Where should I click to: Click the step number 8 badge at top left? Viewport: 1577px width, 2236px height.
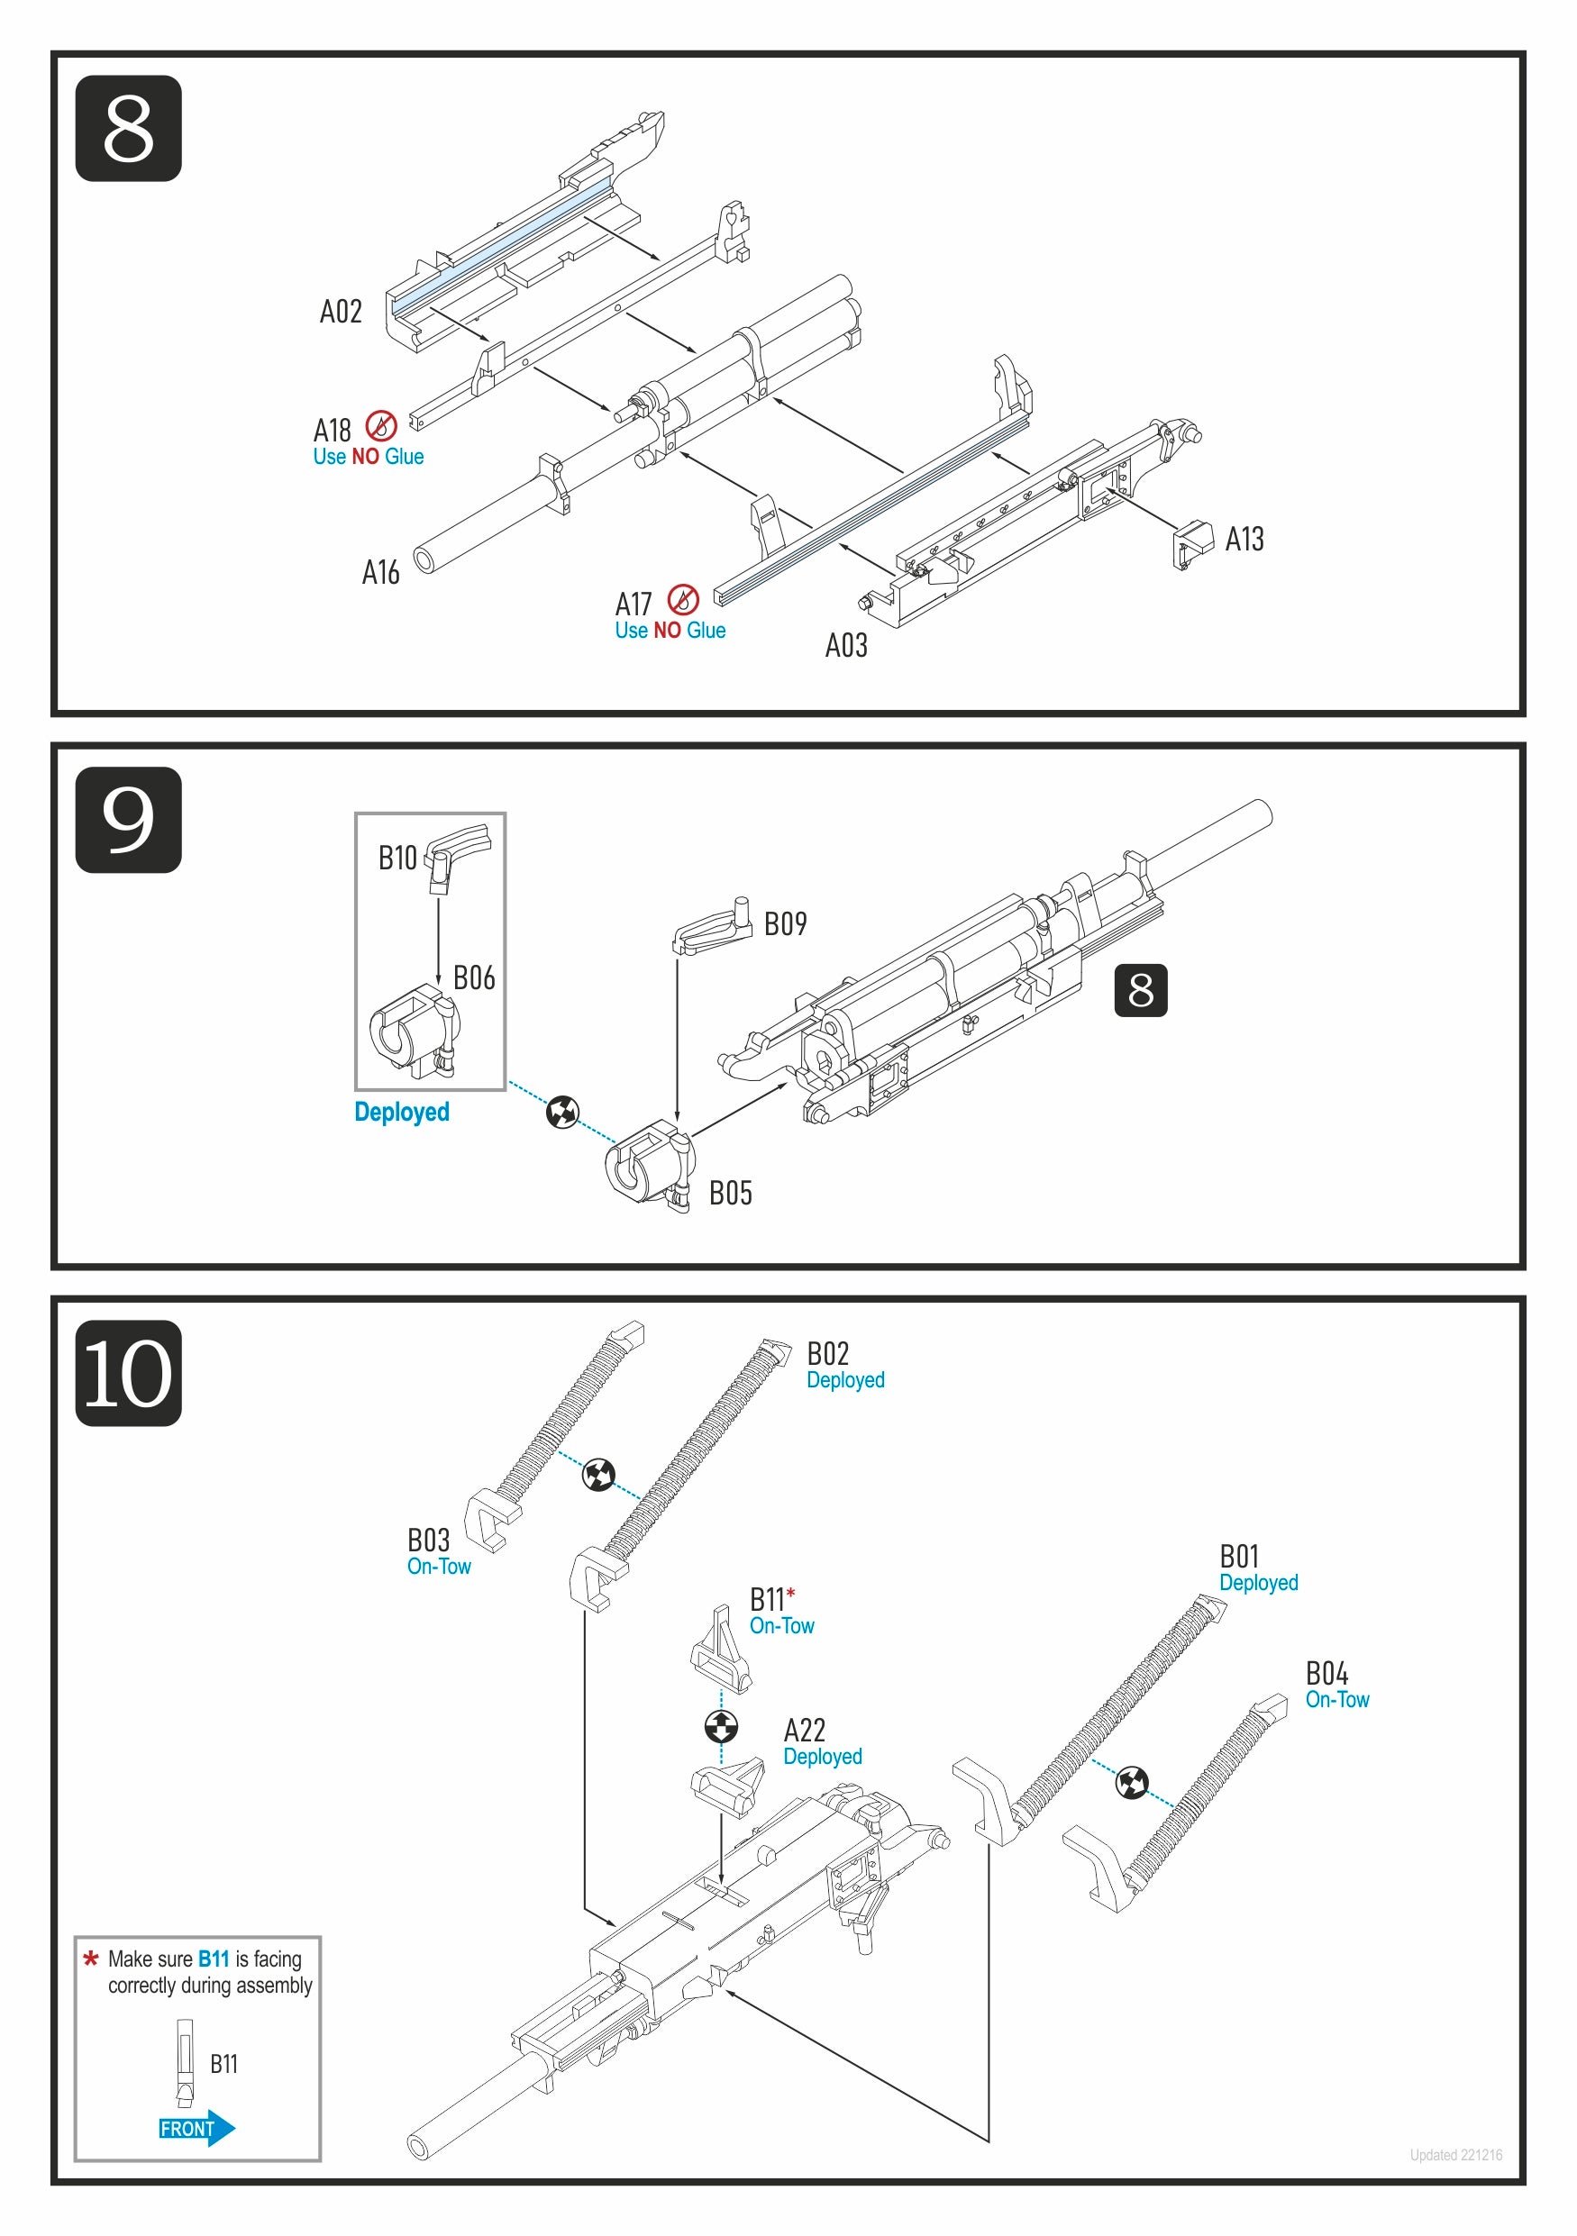(128, 129)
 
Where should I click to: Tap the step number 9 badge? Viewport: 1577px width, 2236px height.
(128, 819)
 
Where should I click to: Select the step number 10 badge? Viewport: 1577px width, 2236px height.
(128, 1372)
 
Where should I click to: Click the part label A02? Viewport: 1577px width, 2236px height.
(341, 312)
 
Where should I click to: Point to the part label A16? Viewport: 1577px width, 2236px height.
(381, 573)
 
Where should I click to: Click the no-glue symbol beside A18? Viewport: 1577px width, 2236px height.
(381, 425)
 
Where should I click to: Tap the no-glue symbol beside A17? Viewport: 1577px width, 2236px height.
(683, 600)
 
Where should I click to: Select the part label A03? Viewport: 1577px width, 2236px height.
(845, 646)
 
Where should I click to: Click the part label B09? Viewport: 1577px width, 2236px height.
(785, 924)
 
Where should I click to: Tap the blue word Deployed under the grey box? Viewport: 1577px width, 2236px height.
(401, 1113)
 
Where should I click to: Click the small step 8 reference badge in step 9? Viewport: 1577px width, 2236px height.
(1140, 990)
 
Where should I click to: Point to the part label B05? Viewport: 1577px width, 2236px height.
(731, 1193)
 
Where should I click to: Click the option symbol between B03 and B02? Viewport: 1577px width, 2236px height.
(598, 1476)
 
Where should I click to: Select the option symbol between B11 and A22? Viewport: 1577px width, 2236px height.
(721, 1727)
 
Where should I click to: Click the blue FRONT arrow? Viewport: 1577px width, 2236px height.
(196, 2129)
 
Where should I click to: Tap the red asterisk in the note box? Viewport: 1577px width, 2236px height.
(91, 1959)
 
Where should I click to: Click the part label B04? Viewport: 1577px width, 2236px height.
(1326, 1673)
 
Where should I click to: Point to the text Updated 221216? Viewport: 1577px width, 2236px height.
(1455, 2155)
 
